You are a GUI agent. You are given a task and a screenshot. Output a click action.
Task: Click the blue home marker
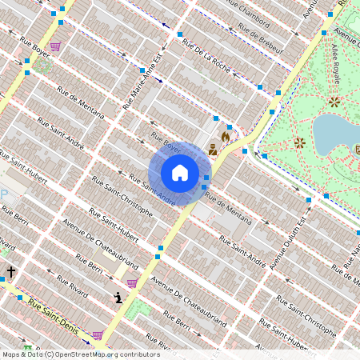(x=180, y=172)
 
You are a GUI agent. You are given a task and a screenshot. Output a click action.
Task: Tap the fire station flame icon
(x=226, y=137)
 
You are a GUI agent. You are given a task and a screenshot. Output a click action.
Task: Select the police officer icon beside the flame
(x=213, y=149)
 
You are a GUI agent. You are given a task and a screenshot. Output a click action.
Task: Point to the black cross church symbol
(x=11, y=272)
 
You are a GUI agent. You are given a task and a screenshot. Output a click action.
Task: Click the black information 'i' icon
(x=118, y=298)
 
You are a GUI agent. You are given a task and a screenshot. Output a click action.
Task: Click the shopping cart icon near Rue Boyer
(x=55, y=46)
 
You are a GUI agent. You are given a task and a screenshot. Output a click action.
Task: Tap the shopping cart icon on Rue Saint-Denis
(x=98, y=335)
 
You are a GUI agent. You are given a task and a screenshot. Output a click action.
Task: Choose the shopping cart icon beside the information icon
(x=132, y=283)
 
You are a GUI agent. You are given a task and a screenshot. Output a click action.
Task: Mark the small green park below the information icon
(x=138, y=309)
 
